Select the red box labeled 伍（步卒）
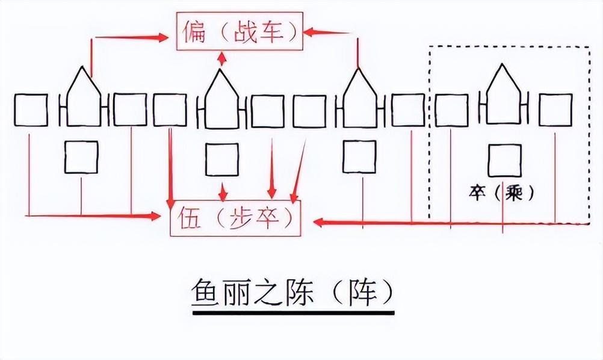[235, 220]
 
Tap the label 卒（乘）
[501, 194]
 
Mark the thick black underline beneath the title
[293, 312]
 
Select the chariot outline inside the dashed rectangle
[503, 98]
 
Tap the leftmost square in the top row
[31, 110]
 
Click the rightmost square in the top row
[555, 110]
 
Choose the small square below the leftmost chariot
[81, 157]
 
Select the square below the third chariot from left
[359, 157]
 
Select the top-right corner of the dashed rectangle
[589, 46]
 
